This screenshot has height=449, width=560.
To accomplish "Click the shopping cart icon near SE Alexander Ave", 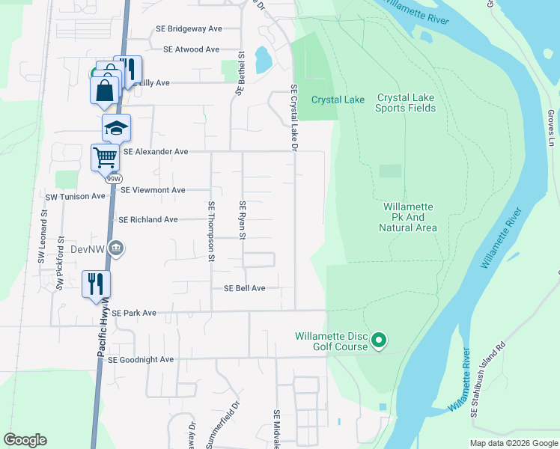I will (x=105, y=157).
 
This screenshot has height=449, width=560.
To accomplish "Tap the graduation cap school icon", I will (x=116, y=128).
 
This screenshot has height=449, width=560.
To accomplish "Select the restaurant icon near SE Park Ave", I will (x=96, y=284).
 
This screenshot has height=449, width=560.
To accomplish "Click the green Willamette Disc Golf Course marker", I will (x=379, y=341).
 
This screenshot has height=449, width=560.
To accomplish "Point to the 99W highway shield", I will (x=114, y=179).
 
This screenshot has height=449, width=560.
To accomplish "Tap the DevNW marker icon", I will (x=115, y=248).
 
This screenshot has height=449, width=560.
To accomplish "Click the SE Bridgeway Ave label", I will (x=189, y=28).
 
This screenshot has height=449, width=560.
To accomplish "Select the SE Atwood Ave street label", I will (x=191, y=49).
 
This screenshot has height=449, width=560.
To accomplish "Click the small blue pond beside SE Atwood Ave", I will (x=263, y=60).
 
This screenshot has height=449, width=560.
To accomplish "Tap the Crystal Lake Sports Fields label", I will (x=406, y=103).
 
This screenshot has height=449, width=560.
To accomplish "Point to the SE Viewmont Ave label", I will (x=153, y=190).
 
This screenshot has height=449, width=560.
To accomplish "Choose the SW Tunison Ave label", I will (x=76, y=196).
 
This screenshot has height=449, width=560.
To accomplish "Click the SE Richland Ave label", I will (x=148, y=219).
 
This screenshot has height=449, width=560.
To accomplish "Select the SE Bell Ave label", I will (x=245, y=288).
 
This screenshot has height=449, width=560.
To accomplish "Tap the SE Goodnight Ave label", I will (x=141, y=359).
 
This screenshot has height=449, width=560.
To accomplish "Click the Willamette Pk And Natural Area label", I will (x=410, y=217).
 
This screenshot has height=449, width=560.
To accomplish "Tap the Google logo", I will (x=25, y=440).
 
